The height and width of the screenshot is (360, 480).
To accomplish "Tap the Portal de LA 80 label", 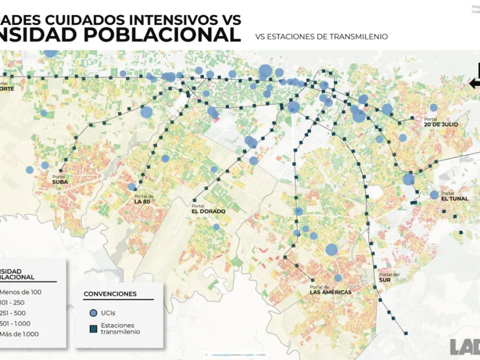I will pyautogui.click(x=145, y=199).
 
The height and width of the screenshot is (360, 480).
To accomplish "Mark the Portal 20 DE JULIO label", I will pyautogui.click(x=440, y=122).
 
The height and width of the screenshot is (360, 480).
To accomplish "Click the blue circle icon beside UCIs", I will pyautogui.click(x=92, y=313).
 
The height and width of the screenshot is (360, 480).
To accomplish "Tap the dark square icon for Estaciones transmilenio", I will pyautogui.click(x=92, y=328).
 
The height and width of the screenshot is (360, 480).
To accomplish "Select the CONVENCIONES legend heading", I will pyautogui.click(x=110, y=294).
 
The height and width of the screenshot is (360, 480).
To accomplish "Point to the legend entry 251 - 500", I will pyautogui.click(x=18, y=313).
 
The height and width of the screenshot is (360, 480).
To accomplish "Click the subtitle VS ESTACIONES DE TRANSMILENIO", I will pyautogui.click(x=322, y=37).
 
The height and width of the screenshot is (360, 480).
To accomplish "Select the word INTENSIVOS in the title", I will pyautogui.click(x=165, y=19).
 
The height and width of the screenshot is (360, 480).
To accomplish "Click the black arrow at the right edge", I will pyautogui.click(x=475, y=83).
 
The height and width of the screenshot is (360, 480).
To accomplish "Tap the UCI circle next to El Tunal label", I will pyautogui.click(x=434, y=195).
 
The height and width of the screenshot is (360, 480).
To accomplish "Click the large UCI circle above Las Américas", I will pyautogui.click(x=332, y=250).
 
